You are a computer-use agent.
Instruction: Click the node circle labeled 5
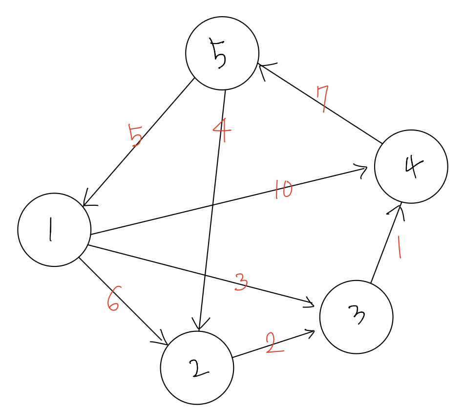pos(222,53)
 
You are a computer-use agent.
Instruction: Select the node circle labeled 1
pos(54,230)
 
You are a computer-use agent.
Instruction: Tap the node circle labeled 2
pos(197,368)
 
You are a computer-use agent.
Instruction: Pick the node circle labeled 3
pos(356,317)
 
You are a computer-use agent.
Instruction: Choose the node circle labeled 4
pos(411,166)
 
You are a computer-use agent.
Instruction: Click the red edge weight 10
pos(283,190)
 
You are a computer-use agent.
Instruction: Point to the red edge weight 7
pos(322,99)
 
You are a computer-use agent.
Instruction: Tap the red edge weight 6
pos(113,300)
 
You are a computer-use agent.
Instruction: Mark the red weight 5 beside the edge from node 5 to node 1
pos(135,135)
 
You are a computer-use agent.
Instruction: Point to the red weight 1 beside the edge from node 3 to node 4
pos(400,247)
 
